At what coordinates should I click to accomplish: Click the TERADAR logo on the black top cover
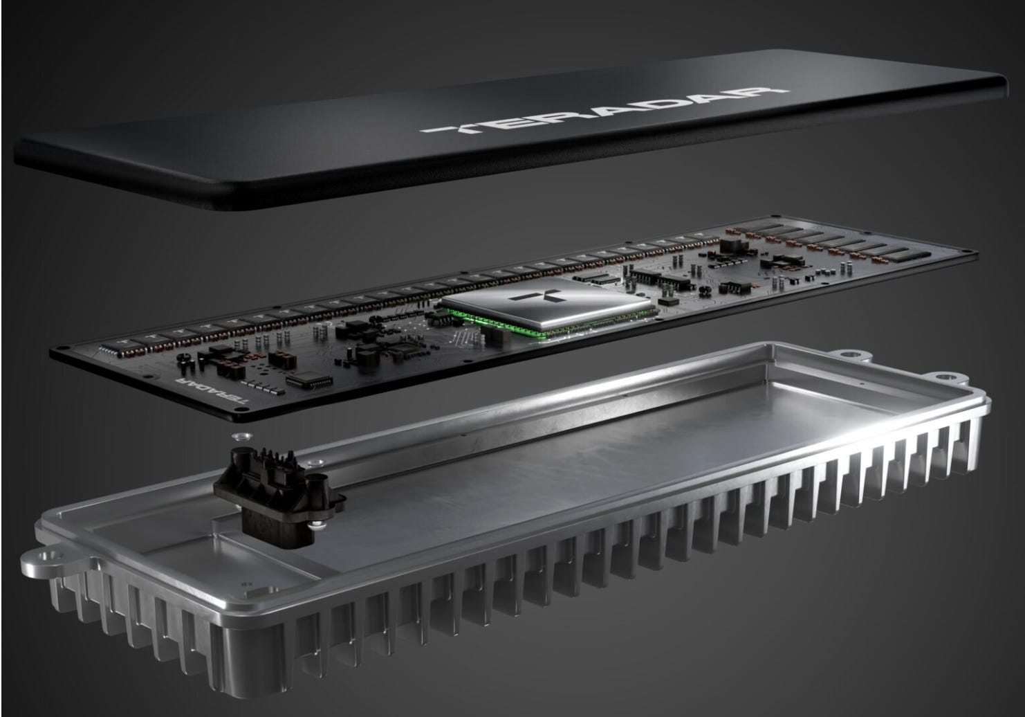(605, 109)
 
